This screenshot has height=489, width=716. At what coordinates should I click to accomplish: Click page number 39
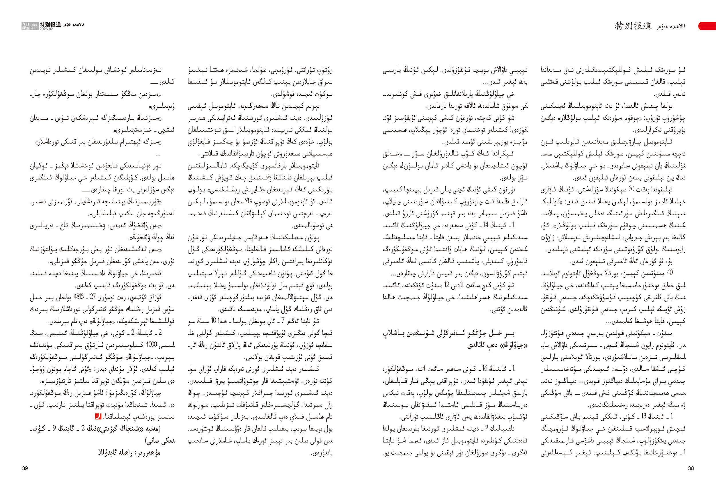click(x=25, y=468)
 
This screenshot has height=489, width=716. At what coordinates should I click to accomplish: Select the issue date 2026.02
click(x=46, y=29)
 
